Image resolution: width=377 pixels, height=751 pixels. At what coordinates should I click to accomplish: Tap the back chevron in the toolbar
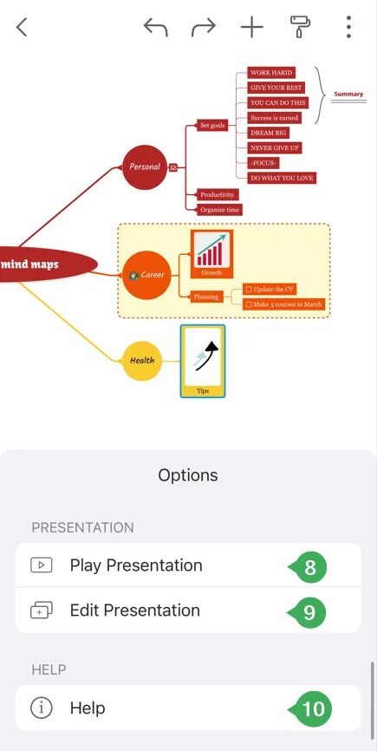22,27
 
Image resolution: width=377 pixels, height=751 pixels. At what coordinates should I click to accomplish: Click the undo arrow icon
155,27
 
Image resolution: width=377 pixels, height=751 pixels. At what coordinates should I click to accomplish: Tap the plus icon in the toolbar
252,27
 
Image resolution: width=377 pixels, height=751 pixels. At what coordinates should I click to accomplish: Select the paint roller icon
301,26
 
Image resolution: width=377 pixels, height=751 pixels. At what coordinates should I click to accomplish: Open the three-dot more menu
348,27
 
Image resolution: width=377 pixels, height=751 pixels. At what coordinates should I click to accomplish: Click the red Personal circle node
145,167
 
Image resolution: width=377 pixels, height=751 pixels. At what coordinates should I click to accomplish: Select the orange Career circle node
146,275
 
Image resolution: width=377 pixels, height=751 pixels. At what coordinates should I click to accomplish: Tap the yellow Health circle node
142,361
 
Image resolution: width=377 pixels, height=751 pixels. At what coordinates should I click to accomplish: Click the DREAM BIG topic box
269,133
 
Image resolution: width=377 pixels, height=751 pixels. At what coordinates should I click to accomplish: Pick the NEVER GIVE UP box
275,148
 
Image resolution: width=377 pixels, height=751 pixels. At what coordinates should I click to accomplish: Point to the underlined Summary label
348,95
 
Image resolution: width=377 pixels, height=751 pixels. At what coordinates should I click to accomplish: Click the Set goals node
212,126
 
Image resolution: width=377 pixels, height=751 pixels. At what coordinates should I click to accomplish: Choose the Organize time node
219,210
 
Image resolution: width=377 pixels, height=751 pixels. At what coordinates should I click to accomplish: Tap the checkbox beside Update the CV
249,290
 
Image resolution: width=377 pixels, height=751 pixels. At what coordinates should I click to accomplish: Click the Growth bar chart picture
212,251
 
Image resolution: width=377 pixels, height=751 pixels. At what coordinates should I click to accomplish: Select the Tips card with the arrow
203,361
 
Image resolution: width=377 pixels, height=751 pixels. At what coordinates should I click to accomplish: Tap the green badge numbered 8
310,567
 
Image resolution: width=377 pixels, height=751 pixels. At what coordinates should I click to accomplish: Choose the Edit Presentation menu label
135,611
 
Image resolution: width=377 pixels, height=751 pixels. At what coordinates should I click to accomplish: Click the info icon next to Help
41,708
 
